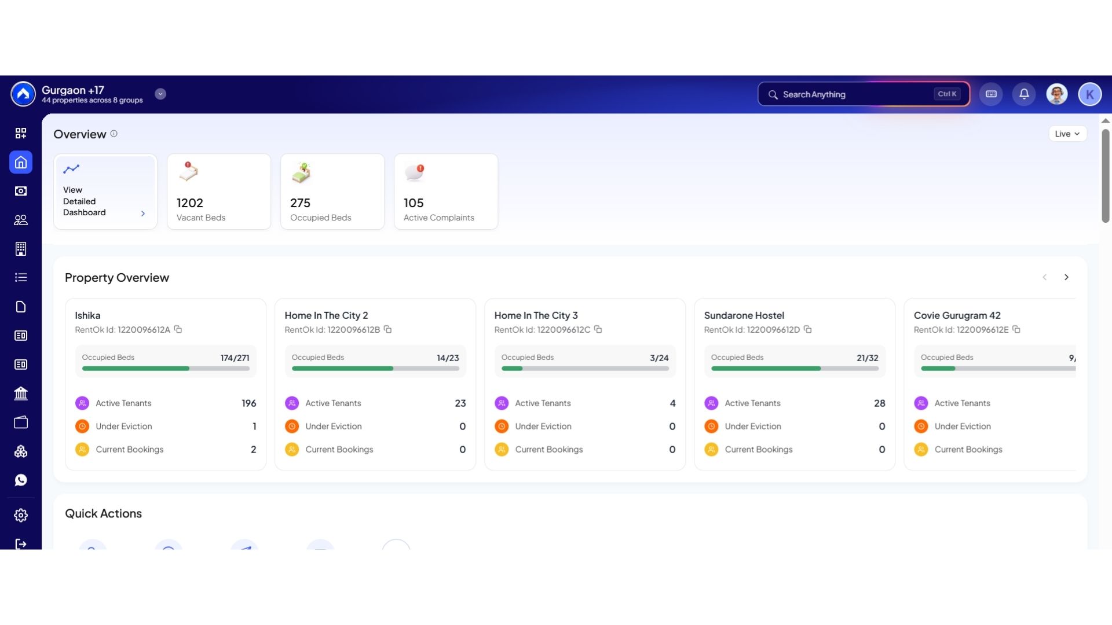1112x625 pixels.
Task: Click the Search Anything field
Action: coord(863,94)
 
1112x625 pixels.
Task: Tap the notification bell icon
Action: coord(1024,94)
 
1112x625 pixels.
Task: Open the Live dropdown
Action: coord(1067,134)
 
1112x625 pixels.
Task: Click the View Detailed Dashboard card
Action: coord(105,192)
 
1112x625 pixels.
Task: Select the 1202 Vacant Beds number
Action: coord(190,203)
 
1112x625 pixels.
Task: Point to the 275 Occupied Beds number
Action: coord(300,203)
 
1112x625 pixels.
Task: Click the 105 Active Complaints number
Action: coord(414,203)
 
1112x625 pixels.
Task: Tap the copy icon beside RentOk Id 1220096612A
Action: coord(178,329)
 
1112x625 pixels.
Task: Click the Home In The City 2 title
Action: coord(326,315)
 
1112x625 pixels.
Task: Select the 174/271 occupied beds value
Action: coord(235,358)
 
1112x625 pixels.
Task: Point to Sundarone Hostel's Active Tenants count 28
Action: coord(879,403)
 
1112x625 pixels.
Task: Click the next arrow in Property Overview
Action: coord(1066,277)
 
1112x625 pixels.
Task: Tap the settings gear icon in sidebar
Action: coord(21,515)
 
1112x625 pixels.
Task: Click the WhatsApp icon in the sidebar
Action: coord(21,480)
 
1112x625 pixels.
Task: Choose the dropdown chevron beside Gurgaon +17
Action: coord(160,94)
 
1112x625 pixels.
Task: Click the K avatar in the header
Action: coord(1089,94)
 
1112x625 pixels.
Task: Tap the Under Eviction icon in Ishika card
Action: coord(82,427)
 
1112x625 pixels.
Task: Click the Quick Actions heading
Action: coord(103,514)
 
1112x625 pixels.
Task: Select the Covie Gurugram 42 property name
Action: coord(957,315)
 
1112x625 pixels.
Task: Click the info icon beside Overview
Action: coord(114,134)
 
